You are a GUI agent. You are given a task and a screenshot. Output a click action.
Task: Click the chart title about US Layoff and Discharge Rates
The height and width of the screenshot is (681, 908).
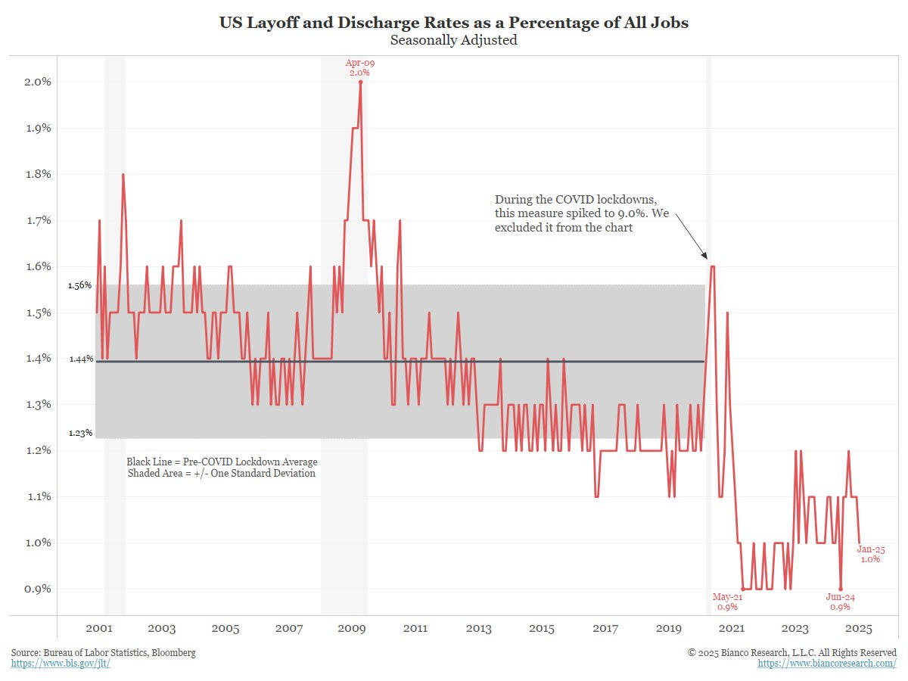pos(454,23)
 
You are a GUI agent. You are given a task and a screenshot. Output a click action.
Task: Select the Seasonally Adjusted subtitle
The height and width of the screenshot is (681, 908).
pos(454,41)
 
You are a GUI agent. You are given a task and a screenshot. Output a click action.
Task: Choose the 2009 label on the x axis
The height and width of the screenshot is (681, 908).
pos(352,629)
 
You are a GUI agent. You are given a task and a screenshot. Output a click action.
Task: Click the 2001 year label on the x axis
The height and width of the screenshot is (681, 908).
pos(99,629)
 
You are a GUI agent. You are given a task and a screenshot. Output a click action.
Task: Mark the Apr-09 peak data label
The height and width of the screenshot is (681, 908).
pos(360,67)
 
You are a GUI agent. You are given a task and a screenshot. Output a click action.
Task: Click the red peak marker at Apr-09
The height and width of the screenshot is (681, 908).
pos(360,82)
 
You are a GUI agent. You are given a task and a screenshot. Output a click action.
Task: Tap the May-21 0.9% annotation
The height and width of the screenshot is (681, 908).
pos(727,602)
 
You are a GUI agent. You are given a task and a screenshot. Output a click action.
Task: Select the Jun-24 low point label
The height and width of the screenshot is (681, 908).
pos(840,602)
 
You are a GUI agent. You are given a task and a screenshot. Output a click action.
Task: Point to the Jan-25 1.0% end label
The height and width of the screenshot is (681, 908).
pos(870,554)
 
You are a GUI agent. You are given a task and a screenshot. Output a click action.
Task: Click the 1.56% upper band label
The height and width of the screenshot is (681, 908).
pos(80,285)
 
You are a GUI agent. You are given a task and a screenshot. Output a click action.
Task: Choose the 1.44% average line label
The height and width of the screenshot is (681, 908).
pos(80,359)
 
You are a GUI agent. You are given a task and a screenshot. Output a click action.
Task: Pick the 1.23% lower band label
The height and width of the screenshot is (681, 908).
pos(80,434)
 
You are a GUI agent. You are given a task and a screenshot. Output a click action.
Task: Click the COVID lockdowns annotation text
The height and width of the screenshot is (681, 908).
pos(580,213)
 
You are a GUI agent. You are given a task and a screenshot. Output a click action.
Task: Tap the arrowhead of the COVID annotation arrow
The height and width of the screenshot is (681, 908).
pos(707,259)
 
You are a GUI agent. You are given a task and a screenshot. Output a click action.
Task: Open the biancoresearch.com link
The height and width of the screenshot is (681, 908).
pos(827,664)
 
